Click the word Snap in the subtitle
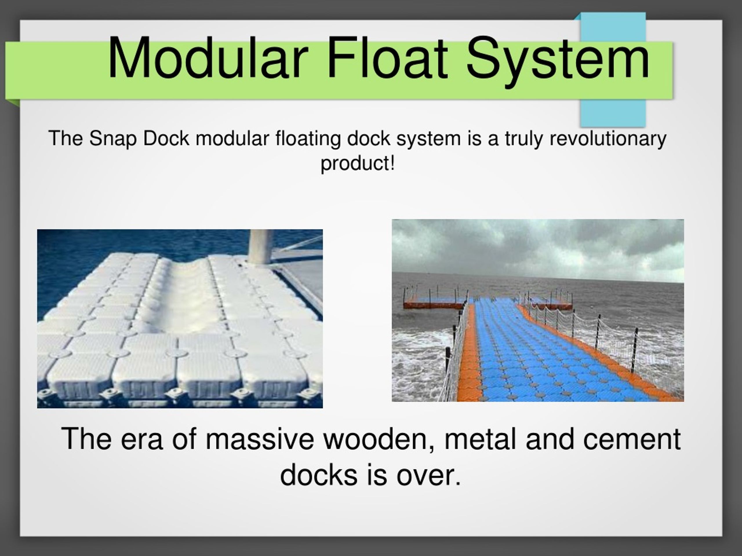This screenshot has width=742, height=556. pos(113,138)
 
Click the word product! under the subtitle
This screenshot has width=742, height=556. pos(358,164)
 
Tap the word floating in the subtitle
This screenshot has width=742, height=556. pos(308,138)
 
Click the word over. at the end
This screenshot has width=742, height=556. pos(429,475)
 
